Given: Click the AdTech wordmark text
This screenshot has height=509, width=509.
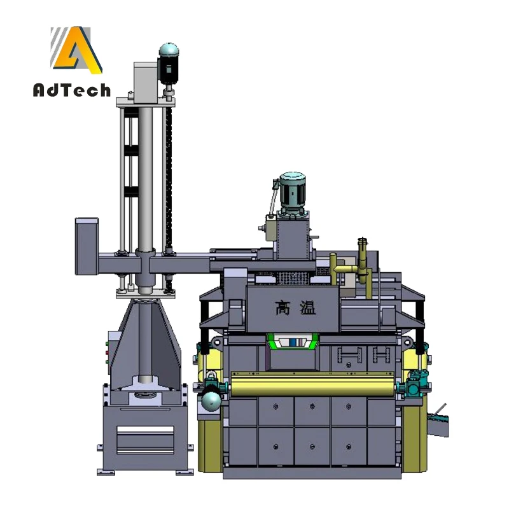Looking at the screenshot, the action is (x=72, y=90).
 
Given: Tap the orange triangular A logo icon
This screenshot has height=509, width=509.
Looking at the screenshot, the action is (x=77, y=50).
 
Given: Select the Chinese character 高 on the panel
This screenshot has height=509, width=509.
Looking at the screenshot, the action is (x=282, y=308).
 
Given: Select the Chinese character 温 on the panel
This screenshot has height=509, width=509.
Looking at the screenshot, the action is (x=307, y=308).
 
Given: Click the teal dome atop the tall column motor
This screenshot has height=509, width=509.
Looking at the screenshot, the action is (x=169, y=50).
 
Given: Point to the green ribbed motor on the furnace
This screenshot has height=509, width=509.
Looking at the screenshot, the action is (x=293, y=190).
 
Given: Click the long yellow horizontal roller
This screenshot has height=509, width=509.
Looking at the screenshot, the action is (x=312, y=384).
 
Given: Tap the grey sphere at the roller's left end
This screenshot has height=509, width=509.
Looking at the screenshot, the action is (x=211, y=401).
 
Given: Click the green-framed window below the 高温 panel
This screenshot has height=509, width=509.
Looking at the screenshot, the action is (x=293, y=342).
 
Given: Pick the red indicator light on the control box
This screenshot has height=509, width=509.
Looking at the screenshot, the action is (x=107, y=353).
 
